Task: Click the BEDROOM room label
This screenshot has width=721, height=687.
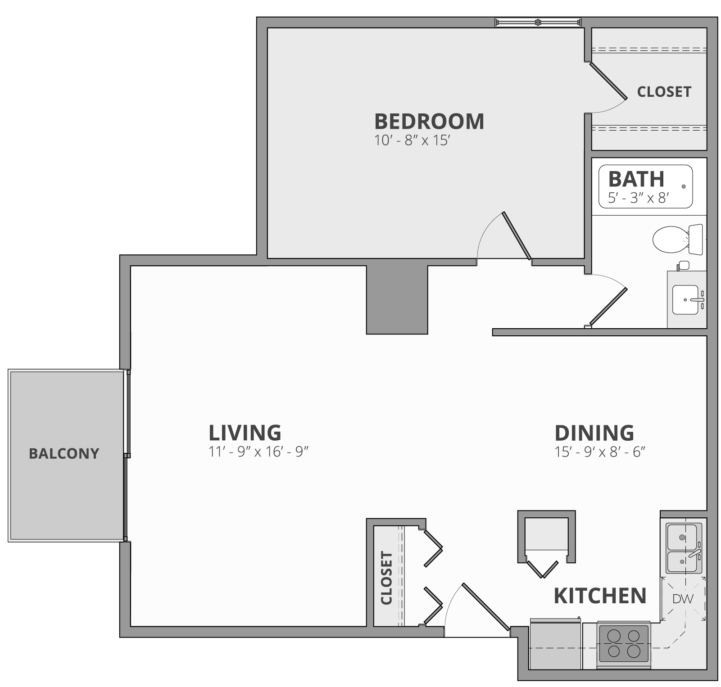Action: (429, 121)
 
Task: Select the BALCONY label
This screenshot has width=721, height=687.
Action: (64, 453)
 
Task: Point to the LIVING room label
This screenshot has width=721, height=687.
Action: (245, 433)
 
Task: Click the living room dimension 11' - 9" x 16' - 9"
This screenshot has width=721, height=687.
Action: (258, 452)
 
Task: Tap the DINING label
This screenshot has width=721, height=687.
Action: (594, 433)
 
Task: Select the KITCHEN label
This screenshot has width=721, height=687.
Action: (600, 596)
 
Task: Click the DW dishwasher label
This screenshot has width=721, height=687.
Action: (683, 599)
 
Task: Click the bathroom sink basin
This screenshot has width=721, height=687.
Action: (685, 300)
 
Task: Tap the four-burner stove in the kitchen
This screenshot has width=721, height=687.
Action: (624, 643)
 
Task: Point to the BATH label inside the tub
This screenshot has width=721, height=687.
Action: (636, 179)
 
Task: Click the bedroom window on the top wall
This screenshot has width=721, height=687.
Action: (538, 22)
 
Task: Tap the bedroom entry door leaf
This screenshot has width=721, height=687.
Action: (517, 236)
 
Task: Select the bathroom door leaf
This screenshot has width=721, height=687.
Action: (608, 306)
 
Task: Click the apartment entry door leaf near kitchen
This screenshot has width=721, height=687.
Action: (486, 606)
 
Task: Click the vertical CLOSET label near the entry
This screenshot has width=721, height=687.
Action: (386, 578)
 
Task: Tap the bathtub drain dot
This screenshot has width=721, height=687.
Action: (684, 186)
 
